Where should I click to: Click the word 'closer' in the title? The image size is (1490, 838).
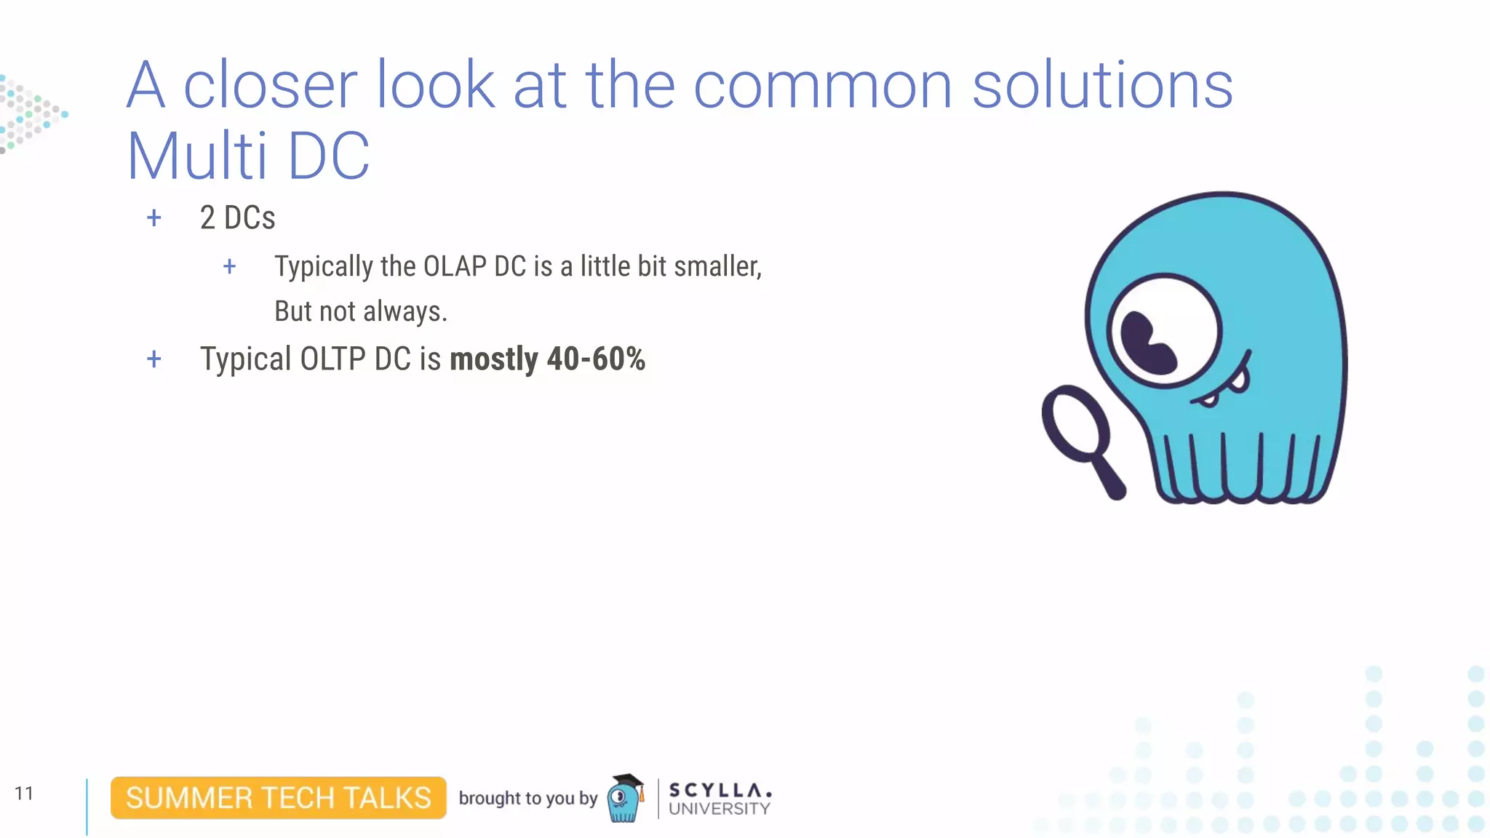pyautogui.click(x=270, y=86)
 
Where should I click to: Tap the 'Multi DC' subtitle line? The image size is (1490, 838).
pyautogui.click(x=248, y=156)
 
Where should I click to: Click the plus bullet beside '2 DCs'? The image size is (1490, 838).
pyautogui.click(x=154, y=218)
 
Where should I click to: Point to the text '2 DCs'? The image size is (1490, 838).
pyautogui.click(x=237, y=218)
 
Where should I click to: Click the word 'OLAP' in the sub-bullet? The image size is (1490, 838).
pyautogui.click(x=454, y=266)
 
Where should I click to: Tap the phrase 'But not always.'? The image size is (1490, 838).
pyautogui.click(x=361, y=311)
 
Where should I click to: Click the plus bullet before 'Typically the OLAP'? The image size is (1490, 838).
pyautogui.click(x=229, y=266)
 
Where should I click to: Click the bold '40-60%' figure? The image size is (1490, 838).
pyautogui.click(x=596, y=359)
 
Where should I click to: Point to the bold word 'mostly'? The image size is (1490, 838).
pyautogui.click(x=494, y=359)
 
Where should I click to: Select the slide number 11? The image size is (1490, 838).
pyautogui.click(x=24, y=793)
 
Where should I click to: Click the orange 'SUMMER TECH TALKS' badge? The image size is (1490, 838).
pyautogui.click(x=278, y=798)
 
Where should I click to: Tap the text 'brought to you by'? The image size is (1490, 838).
pyautogui.click(x=527, y=798)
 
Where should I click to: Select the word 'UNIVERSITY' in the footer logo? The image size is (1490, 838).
pyautogui.click(x=719, y=809)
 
